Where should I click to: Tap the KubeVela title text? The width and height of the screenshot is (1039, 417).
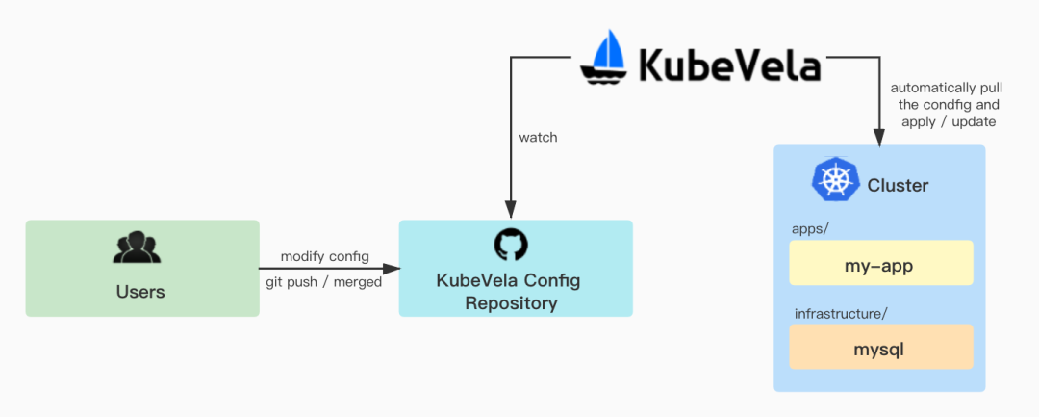(730, 66)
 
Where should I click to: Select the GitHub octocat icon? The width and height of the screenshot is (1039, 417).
(511, 245)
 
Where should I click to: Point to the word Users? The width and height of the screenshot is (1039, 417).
(140, 291)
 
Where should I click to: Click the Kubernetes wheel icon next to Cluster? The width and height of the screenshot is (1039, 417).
(834, 180)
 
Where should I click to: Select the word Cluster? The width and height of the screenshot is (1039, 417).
(898, 185)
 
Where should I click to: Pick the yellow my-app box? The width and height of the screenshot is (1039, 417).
(881, 264)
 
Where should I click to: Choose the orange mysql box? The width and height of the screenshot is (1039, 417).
(881, 349)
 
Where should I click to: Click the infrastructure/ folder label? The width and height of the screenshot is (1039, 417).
(841, 314)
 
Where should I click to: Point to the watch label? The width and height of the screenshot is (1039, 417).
(538, 137)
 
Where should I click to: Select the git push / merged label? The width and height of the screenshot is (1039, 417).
(323, 282)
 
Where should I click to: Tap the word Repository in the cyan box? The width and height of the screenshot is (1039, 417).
(511, 303)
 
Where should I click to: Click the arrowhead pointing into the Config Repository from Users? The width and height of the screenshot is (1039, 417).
(393, 269)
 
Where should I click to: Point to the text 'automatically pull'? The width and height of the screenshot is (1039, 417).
(947, 88)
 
